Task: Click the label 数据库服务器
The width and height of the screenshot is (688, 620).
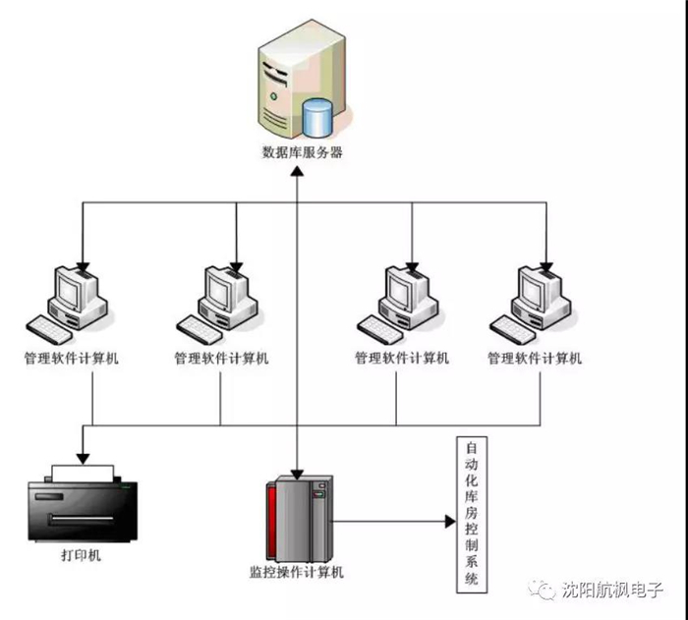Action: pyautogui.click(x=303, y=152)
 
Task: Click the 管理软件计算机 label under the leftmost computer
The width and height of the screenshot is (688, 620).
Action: pyautogui.click(x=73, y=359)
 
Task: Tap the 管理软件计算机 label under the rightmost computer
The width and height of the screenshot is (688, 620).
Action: pyautogui.click(x=535, y=359)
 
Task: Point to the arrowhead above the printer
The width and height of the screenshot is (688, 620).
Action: pyautogui.click(x=82, y=457)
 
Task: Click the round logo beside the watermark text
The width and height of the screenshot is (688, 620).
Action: pyautogui.click(x=542, y=590)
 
